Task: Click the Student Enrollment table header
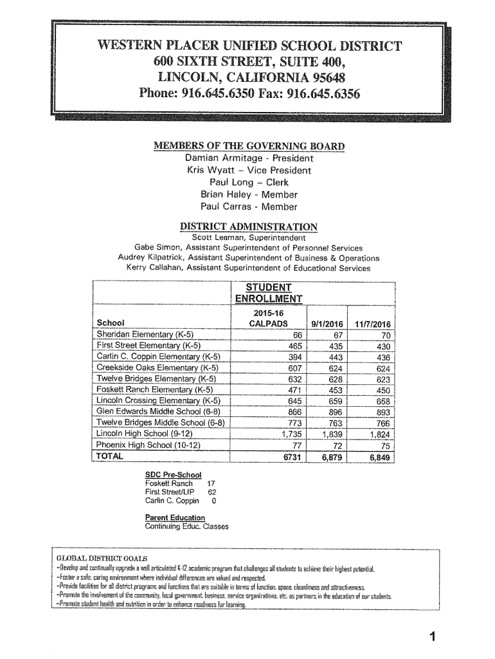pos(264,292)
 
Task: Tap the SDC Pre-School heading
pos(169,475)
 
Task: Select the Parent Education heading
pos(175,517)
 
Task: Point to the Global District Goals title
pos(102,557)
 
